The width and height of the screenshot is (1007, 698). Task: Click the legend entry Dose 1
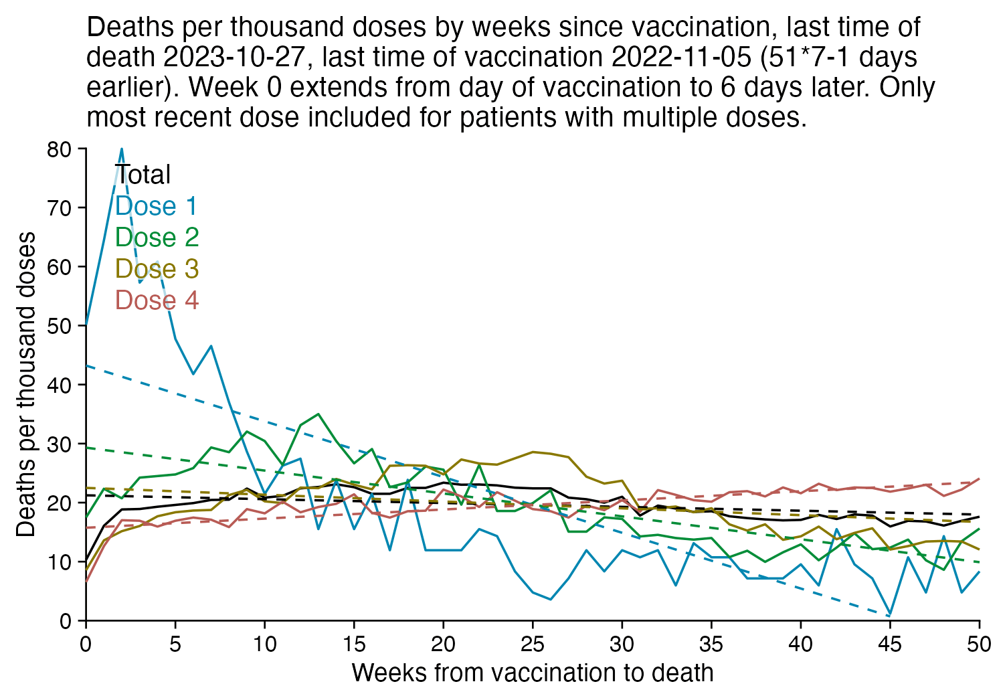pyautogui.click(x=156, y=206)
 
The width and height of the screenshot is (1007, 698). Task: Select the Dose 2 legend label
pyautogui.click(x=157, y=238)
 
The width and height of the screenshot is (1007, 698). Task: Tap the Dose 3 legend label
pyautogui.click(x=157, y=269)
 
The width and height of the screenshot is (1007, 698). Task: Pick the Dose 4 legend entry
pyautogui.click(x=157, y=300)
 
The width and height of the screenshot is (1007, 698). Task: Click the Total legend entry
pyautogui.click(x=143, y=175)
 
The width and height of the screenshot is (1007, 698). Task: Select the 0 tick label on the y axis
pyautogui.click(x=66, y=622)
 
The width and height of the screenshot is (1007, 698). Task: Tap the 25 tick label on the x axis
pyautogui.click(x=533, y=644)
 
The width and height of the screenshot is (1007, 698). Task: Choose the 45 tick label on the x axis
pyautogui.click(x=890, y=644)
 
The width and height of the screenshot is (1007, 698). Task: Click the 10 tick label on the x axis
pyautogui.click(x=264, y=644)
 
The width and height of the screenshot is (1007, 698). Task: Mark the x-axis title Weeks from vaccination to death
pyautogui.click(x=533, y=673)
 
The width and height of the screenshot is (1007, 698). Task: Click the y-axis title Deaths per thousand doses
pyautogui.click(x=26, y=384)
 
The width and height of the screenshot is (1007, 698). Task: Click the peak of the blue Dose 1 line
pyautogui.click(x=122, y=149)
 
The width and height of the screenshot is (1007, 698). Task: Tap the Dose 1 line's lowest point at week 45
pyautogui.click(x=890, y=614)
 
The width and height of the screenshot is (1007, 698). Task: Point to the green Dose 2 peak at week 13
pyautogui.click(x=318, y=414)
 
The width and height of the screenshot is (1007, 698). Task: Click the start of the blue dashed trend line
pyautogui.click(x=86, y=366)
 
